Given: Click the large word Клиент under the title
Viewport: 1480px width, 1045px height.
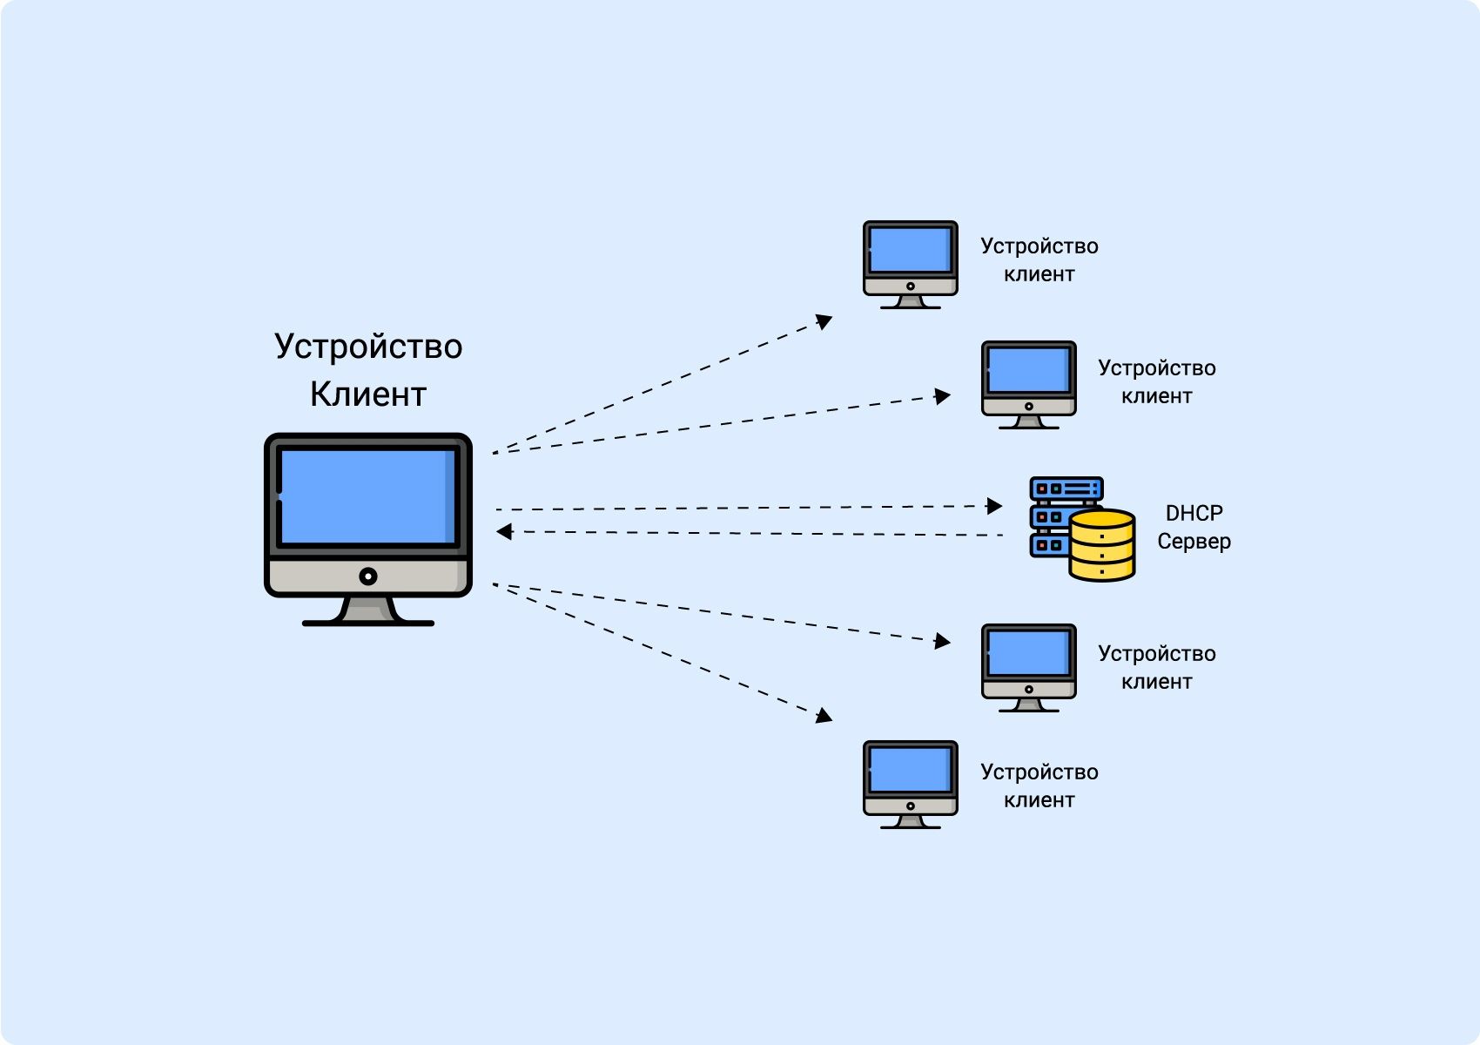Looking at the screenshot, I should click(367, 394).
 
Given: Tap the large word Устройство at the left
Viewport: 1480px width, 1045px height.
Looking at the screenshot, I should click(367, 347).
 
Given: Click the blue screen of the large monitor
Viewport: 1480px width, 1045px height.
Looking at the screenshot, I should click(366, 496).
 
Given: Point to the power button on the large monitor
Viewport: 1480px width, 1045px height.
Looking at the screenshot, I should click(368, 576).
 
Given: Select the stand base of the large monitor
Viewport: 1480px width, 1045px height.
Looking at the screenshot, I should click(367, 622).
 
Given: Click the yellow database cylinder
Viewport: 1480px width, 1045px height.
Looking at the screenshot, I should click(1101, 545).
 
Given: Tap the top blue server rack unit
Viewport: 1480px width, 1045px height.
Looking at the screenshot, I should click(1066, 489).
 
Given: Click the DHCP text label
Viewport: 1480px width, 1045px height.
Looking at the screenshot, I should click(1194, 513).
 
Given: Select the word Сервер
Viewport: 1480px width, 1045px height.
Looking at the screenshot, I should click(1194, 542).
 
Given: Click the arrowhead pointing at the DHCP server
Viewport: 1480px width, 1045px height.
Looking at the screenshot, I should click(995, 506).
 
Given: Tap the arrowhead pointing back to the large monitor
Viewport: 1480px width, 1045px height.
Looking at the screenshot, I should click(504, 531).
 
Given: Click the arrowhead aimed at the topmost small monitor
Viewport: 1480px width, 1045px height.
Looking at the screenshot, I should click(824, 321).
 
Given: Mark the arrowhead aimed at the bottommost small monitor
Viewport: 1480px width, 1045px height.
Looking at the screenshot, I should click(824, 717).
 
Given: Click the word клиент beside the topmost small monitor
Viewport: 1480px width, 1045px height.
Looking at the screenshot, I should click(1039, 274).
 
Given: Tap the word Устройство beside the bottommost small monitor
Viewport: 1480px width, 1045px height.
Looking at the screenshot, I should click(1039, 772).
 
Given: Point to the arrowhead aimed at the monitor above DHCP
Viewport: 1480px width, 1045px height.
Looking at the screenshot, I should click(943, 396).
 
